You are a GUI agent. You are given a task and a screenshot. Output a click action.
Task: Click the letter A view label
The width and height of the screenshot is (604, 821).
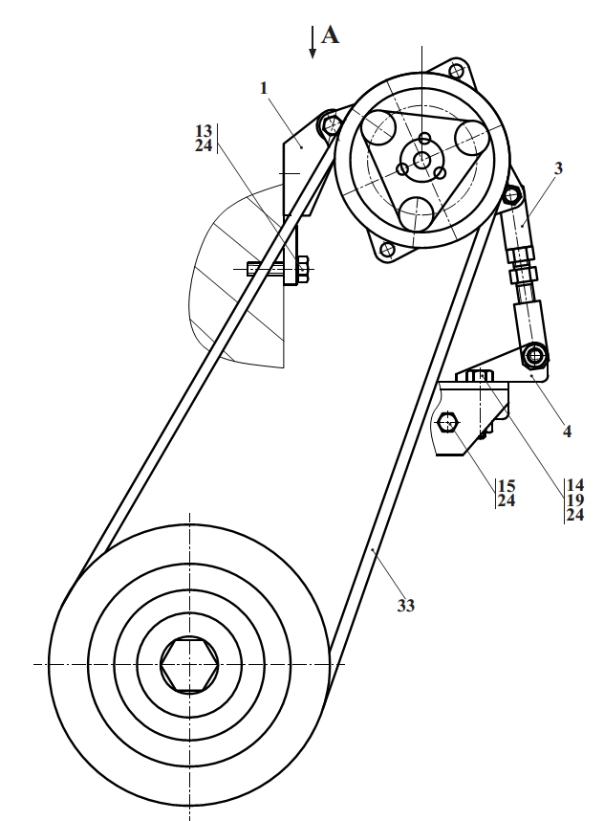(330, 35)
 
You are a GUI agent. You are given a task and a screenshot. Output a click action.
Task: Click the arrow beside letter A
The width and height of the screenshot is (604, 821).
(313, 42)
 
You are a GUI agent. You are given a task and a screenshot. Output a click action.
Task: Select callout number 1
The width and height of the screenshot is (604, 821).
(264, 88)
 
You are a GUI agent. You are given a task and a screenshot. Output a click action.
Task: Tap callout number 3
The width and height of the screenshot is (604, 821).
(558, 168)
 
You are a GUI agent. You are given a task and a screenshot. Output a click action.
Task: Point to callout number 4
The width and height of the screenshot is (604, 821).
(567, 432)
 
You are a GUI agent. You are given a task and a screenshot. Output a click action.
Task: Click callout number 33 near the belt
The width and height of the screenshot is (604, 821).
(406, 606)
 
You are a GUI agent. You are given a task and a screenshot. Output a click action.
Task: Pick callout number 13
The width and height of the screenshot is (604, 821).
(204, 130)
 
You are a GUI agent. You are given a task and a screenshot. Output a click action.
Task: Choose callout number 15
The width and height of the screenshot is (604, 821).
(507, 486)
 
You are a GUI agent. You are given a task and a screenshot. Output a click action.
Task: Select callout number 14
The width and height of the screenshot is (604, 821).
(574, 485)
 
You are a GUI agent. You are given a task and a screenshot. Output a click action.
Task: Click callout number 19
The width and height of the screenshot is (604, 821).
(574, 500)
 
